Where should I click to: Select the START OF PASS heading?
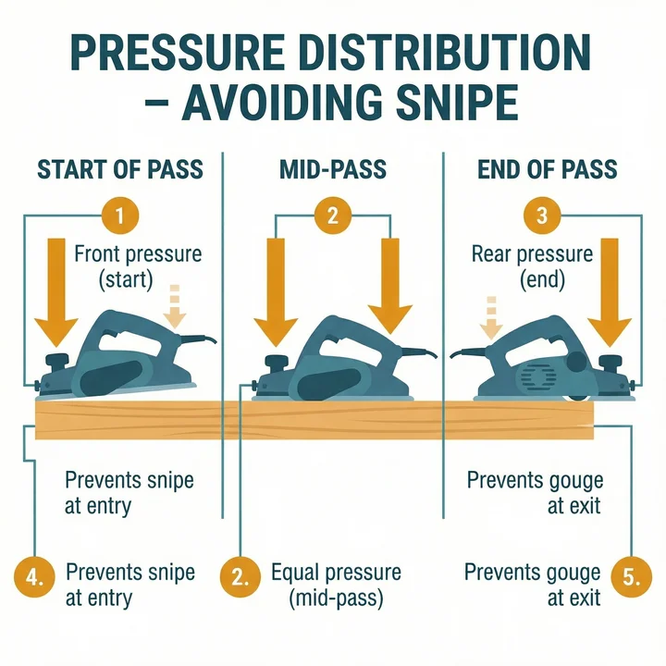pyautogui.click(x=119, y=170)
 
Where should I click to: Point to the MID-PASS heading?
pyautogui.click(x=334, y=170)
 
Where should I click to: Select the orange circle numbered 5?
pyautogui.click(x=631, y=579)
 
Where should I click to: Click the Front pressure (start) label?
pyautogui.click(x=137, y=265)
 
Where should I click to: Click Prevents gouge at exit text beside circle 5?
pyautogui.click(x=533, y=585)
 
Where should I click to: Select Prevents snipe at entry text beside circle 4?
pyautogui.click(x=130, y=585)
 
